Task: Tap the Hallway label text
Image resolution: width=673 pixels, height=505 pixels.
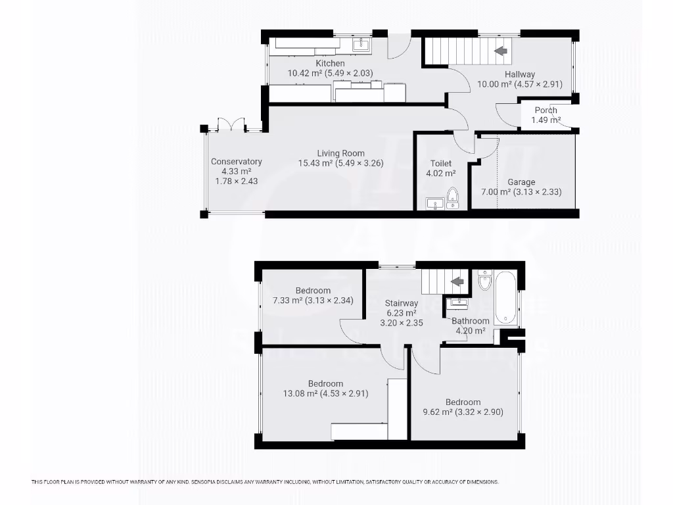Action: click(519, 74)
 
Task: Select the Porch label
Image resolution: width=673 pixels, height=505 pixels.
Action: click(545, 110)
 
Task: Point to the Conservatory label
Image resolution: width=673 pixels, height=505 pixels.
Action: click(237, 161)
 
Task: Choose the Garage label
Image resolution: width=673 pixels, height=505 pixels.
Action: click(521, 182)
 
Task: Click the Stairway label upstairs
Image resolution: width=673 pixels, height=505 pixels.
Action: click(401, 303)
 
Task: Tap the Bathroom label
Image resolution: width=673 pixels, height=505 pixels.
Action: click(470, 321)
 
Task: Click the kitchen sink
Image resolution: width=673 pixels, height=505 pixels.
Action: click(361, 45)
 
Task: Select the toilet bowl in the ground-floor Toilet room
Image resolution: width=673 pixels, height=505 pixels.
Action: click(452, 196)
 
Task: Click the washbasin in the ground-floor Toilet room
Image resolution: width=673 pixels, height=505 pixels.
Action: click(434, 204)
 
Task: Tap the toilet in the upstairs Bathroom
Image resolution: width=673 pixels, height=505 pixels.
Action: click(485, 281)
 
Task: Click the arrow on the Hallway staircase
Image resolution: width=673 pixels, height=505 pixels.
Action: click(501, 50)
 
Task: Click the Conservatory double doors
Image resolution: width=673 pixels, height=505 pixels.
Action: click(231, 125)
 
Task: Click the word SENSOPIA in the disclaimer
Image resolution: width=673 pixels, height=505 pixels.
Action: click(209, 482)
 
